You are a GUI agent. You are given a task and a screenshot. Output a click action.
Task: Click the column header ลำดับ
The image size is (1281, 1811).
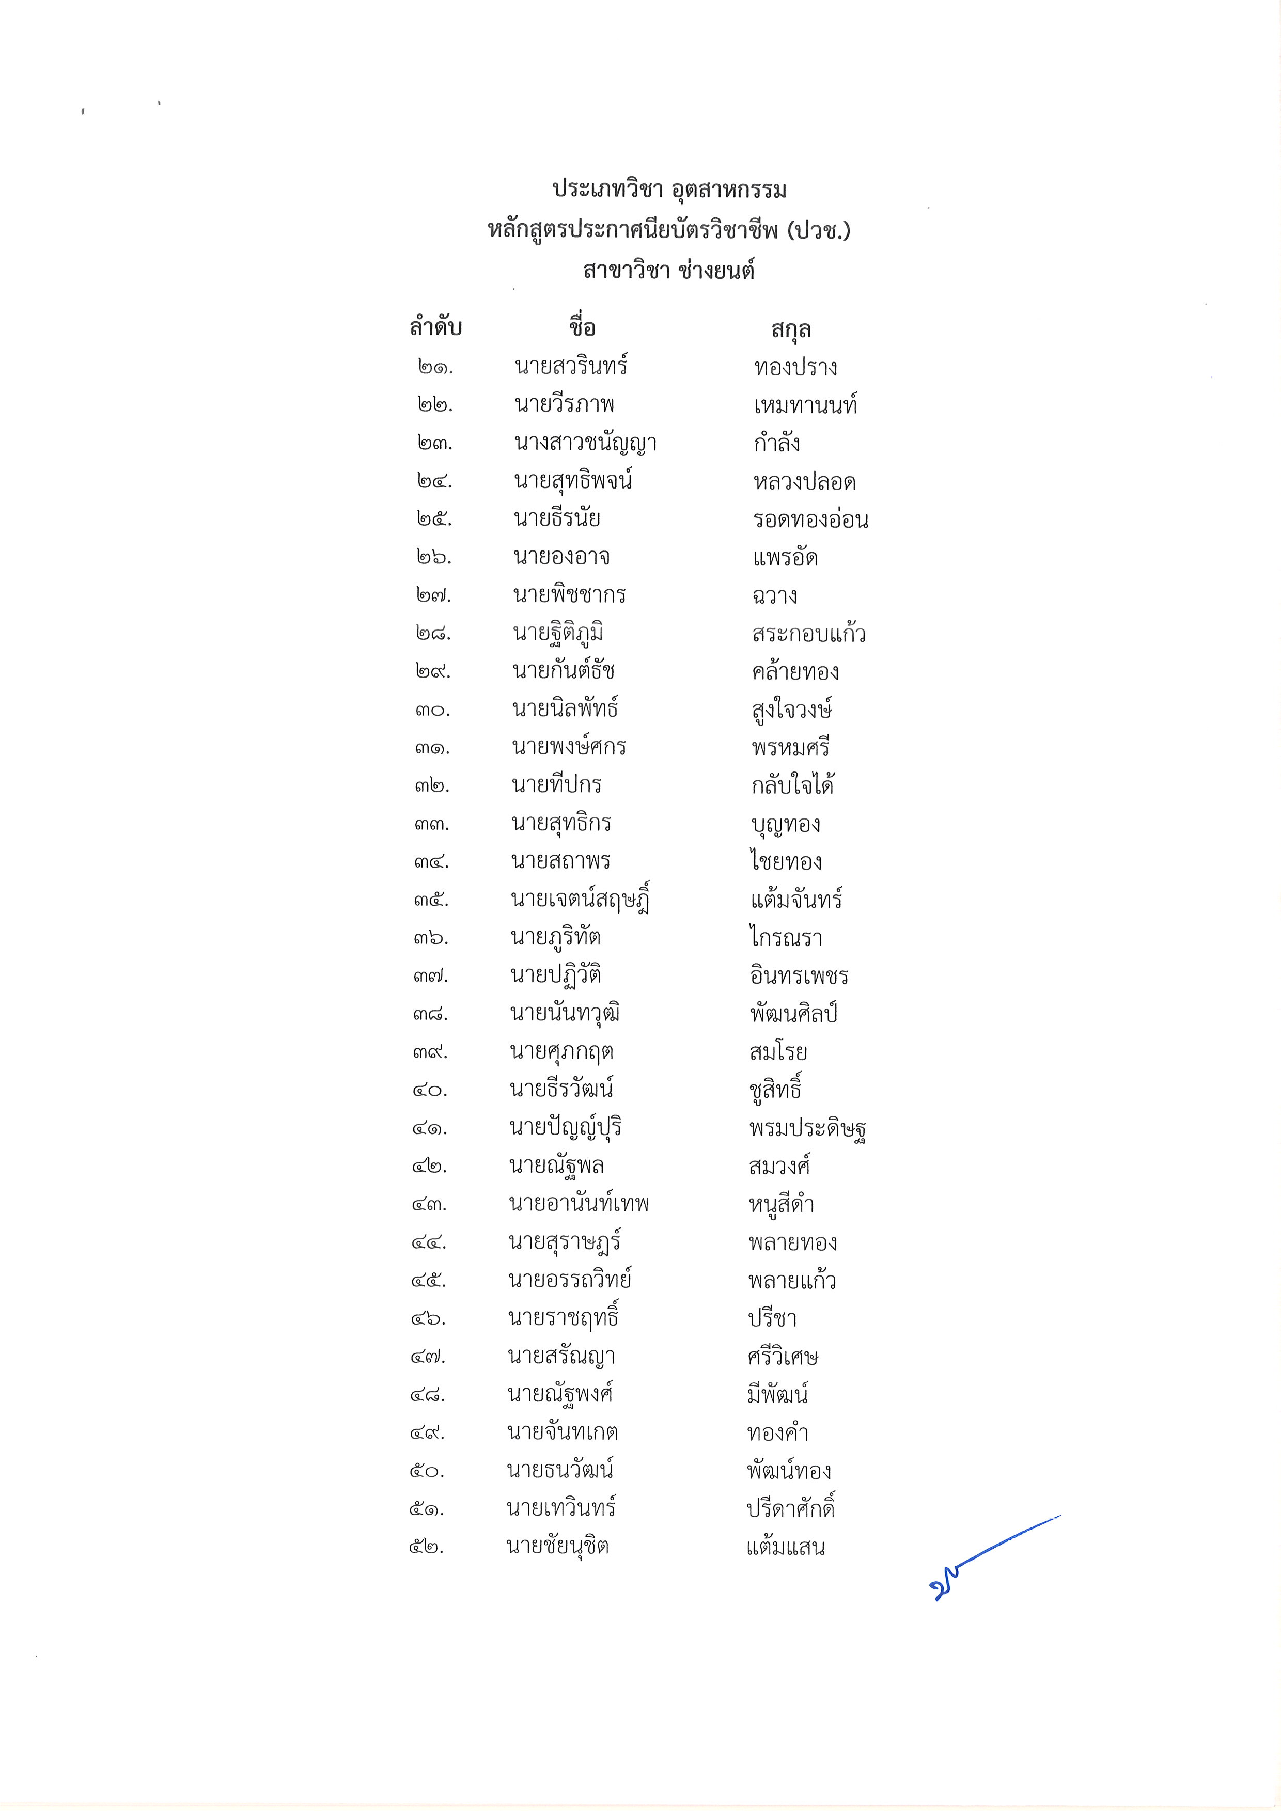click(x=435, y=327)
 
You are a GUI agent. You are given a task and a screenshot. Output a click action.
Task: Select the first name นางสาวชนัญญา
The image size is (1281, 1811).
click(x=585, y=443)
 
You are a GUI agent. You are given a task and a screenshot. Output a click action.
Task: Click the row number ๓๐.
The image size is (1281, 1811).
click(x=432, y=710)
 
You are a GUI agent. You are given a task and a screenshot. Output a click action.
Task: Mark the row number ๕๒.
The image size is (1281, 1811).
click(x=427, y=1547)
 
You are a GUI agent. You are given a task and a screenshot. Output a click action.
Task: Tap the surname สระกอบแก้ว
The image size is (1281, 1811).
click(x=808, y=634)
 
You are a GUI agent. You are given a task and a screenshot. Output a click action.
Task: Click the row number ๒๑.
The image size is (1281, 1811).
click(x=435, y=367)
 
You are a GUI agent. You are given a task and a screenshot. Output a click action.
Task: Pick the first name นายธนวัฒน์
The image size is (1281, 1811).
click(x=559, y=1470)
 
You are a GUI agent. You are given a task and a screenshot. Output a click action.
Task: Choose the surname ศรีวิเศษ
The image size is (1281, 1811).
click(x=783, y=1357)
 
